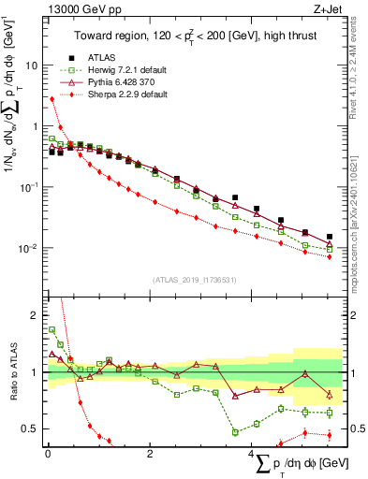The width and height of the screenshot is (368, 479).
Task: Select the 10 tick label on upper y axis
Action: click(x=31, y=66)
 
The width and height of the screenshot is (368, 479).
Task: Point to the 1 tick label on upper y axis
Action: click(x=35, y=127)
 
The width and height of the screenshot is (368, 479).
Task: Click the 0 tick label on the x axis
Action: click(x=48, y=455)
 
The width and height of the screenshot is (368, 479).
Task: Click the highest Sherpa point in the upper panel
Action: click(x=52, y=98)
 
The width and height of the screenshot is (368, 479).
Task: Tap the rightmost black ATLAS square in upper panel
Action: click(x=330, y=237)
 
